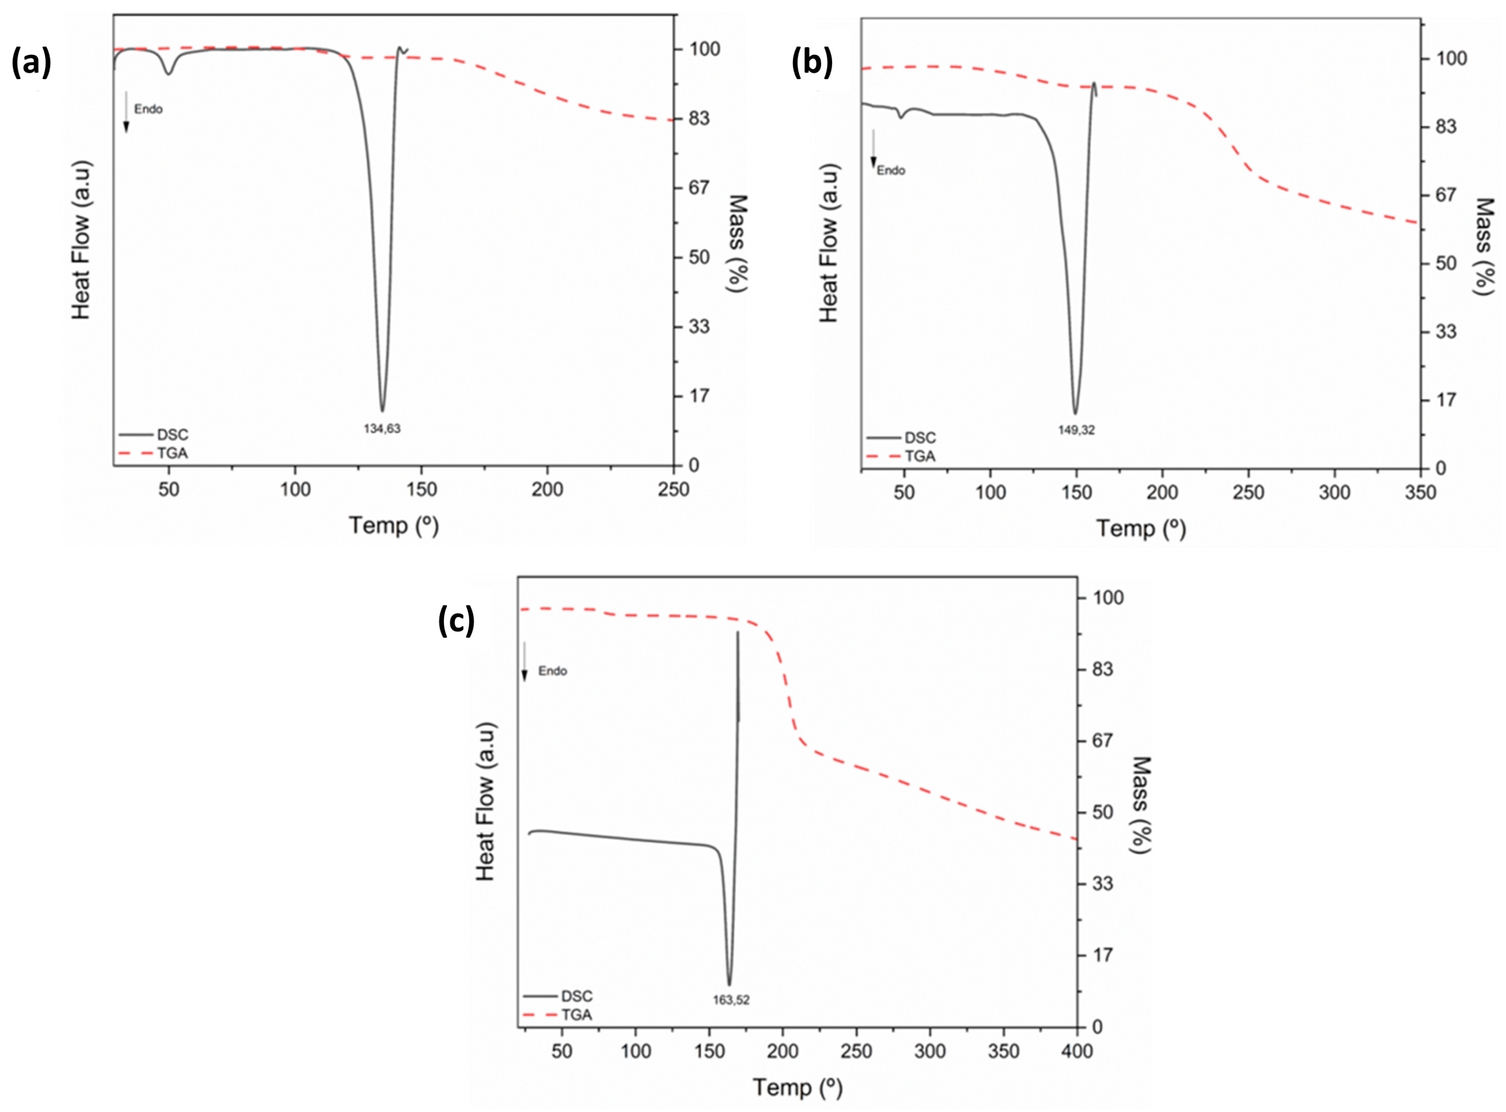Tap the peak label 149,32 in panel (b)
point(1076,430)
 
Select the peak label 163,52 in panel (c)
point(730,1000)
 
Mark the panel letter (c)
point(456,620)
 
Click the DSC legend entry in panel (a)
point(172,435)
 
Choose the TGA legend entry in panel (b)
point(919,456)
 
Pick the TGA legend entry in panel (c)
point(576,1015)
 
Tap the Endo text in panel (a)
point(148,109)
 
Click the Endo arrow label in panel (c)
point(552,671)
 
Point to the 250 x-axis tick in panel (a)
point(673,489)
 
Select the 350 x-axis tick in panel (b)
point(1420,493)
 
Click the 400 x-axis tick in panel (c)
point(1076,1052)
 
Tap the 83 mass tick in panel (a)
point(698,118)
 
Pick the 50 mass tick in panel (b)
point(1446,263)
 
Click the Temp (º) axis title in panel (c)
point(797,1087)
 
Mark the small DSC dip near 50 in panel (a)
point(169,72)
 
